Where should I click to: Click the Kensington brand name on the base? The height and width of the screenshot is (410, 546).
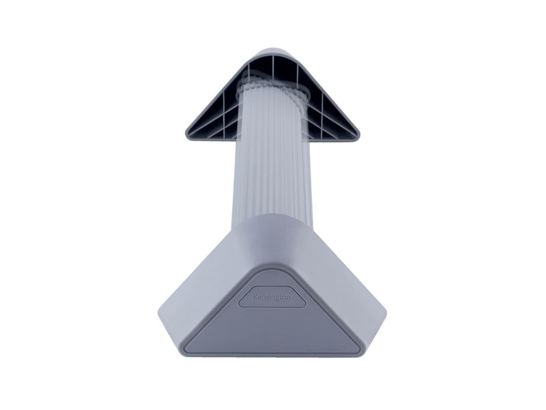coord(272,297)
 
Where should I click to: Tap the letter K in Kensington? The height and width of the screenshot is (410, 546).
coord(255,297)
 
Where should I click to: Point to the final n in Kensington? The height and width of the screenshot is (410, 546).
coord(288,298)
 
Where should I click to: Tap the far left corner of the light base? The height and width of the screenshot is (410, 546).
coord(159,311)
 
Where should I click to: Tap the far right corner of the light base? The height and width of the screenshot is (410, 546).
coord(386,312)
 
